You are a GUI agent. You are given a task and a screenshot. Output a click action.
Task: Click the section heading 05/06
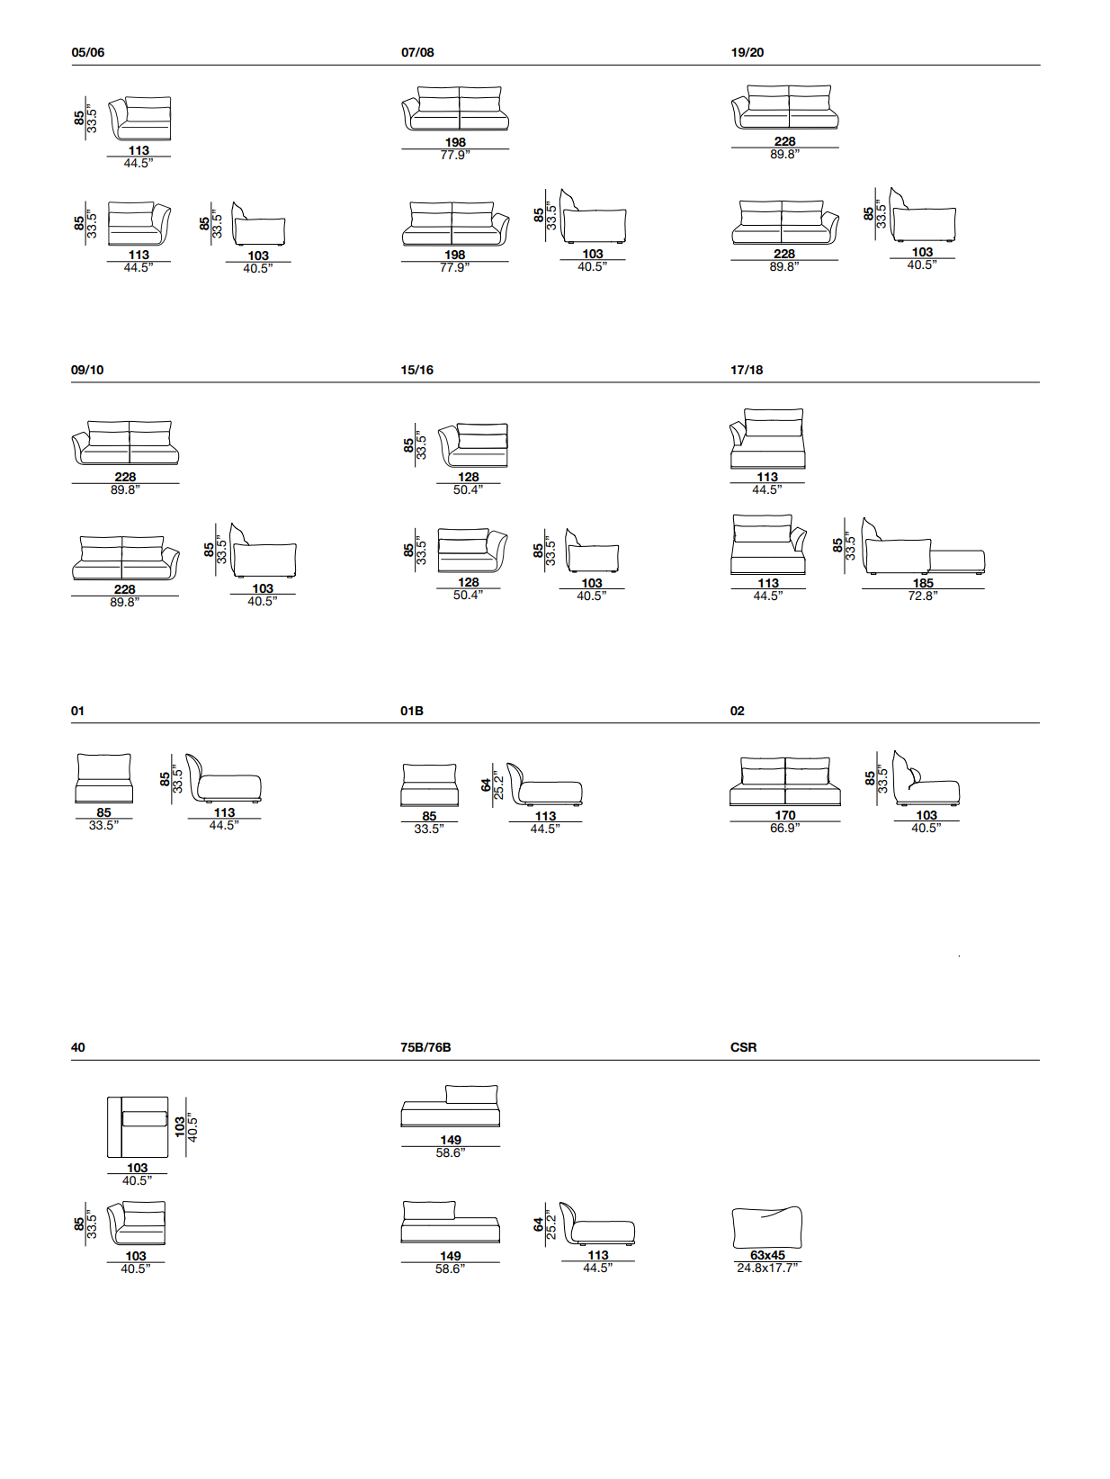88,52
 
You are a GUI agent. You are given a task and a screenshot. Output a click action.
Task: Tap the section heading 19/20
747,52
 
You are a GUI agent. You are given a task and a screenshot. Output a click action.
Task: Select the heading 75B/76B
425,1047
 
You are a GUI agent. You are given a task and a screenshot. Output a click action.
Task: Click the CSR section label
744,1047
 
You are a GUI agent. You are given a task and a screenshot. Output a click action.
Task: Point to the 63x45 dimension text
768,1255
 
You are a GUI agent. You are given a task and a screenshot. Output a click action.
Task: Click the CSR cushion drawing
767,1227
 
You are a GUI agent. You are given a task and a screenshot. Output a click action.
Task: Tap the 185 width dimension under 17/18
923,583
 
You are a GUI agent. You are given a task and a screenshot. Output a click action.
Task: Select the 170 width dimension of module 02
785,815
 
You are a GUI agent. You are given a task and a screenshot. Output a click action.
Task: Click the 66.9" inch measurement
784,828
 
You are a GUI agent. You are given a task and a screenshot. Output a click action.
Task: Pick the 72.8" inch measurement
923,596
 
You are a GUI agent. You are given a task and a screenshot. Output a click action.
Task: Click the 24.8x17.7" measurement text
768,1268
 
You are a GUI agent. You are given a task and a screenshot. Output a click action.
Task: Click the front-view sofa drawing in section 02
785,782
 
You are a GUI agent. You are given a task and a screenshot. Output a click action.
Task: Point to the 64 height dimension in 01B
487,785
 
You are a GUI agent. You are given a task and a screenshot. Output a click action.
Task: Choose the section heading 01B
412,711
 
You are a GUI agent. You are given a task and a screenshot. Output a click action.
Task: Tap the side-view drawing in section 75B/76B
597,1224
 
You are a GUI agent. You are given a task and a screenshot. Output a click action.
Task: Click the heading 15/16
417,370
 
